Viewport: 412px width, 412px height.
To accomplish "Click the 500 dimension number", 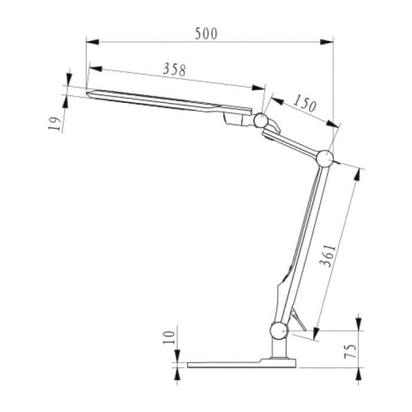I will pos(207,33).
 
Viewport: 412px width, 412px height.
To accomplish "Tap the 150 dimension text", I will pos(305,105).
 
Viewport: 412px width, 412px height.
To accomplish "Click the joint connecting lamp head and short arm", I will pos(261,121).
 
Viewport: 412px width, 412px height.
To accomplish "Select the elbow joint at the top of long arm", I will pos(325,159).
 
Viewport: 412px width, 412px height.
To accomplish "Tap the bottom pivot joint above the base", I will pos(279,330).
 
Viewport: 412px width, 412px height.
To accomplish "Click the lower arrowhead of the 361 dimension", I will pos(315,335).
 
